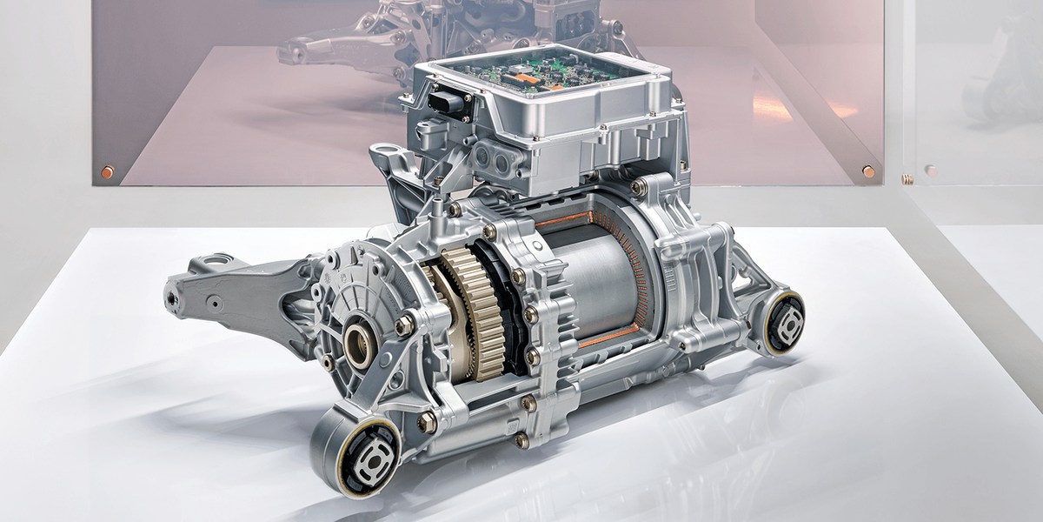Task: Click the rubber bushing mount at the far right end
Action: coord(784,324)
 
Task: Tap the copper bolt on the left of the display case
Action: coord(107,171)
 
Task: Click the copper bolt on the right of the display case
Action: coord(868,171)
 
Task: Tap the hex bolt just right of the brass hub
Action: coord(405,325)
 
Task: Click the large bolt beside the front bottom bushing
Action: coord(427,423)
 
